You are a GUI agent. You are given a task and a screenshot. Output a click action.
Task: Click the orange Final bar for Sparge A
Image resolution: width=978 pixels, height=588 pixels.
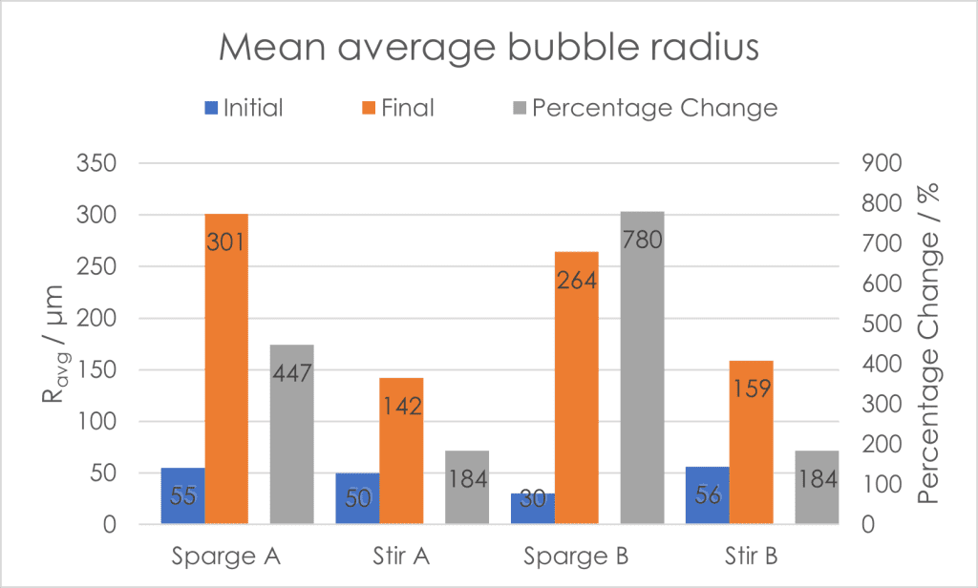(x=226, y=382)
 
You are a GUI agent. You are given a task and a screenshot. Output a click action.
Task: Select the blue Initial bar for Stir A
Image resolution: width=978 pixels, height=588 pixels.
(x=357, y=498)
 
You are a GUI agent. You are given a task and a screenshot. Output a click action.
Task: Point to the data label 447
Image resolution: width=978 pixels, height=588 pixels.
(x=291, y=373)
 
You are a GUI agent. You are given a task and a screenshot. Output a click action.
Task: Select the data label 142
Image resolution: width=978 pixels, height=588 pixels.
(x=401, y=407)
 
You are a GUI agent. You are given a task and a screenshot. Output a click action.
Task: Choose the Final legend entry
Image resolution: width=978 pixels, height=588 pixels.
(x=398, y=108)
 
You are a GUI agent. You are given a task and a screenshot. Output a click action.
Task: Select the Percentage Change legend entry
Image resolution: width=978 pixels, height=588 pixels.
(x=642, y=108)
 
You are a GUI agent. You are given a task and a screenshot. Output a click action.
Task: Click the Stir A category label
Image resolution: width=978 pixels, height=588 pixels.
(x=400, y=555)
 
